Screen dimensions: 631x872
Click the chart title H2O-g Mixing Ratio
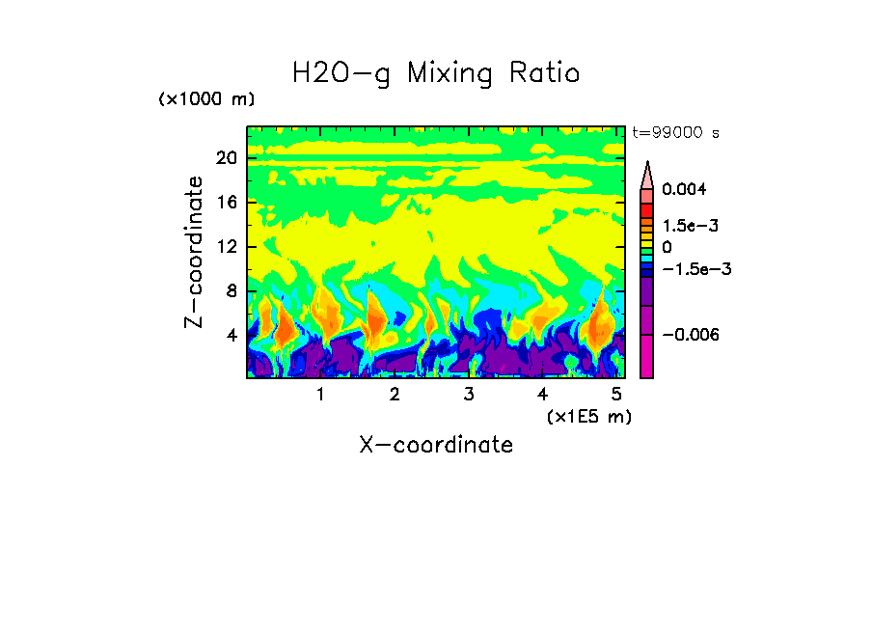coord(436,73)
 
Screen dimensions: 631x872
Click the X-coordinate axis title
coord(436,445)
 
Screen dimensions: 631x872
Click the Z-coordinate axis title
coord(195,252)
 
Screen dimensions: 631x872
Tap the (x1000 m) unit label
coord(205,100)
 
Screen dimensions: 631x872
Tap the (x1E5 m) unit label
coord(587,416)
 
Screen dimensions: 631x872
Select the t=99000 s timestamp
coord(675,133)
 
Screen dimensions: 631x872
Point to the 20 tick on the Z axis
coord(226,158)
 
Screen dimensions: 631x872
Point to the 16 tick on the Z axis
coord(226,203)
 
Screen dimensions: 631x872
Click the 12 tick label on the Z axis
coord(226,247)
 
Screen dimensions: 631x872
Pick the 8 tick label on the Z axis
coord(231,291)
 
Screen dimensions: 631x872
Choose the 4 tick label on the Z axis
coord(231,336)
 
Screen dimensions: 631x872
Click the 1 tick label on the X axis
coord(320,395)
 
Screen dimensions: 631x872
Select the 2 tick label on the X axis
coord(395,395)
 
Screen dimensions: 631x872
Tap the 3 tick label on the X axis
coord(468,395)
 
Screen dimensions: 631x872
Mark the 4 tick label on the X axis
coord(542,395)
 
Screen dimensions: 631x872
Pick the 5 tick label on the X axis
coord(615,395)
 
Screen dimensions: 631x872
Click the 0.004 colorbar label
coord(684,189)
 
